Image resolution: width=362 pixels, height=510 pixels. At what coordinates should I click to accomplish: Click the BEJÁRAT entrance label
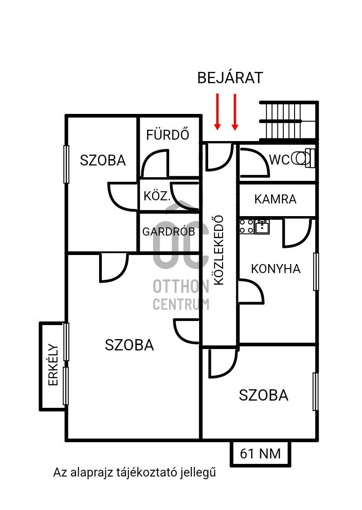tap(230, 78)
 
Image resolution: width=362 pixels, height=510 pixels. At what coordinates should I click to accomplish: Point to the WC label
tap(279, 160)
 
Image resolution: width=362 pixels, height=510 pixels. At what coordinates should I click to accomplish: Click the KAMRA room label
tap(275, 199)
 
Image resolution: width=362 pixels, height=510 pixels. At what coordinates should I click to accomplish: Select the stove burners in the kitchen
tap(246, 226)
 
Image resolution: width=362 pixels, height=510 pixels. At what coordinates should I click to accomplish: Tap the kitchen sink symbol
tap(262, 227)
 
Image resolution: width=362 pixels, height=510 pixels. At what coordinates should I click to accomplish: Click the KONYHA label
tap(276, 269)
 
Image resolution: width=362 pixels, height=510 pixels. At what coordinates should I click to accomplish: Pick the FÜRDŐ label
tap(167, 135)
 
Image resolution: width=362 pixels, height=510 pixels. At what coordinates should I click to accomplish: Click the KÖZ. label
tap(157, 197)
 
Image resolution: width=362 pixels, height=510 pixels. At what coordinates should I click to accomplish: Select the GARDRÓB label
tap(168, 231)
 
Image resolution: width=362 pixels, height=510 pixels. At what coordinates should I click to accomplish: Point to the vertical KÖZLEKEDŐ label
tap(219, 250)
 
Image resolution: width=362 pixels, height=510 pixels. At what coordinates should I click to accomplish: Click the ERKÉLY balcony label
tap(53, 365)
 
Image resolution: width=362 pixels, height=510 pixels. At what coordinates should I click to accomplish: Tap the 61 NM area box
tap(260, 453)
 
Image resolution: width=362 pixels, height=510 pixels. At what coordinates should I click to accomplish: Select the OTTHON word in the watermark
tap(181, 286)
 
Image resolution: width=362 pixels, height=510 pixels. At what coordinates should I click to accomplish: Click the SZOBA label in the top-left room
tap(103, 160)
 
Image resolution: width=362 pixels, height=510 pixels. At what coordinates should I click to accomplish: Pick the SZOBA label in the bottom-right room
tap(263, 395)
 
